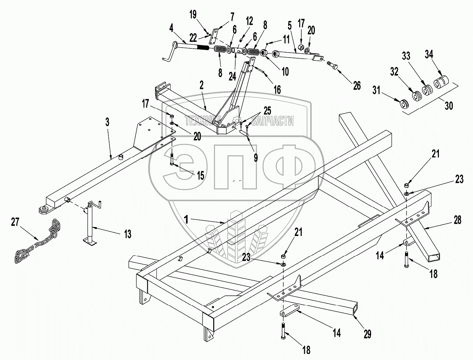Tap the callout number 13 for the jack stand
tap(127, 234)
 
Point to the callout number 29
tap(367, 334)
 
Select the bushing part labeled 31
tap(403, 104)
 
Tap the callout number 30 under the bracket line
tap(449, 105)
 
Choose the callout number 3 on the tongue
tap(108, 122)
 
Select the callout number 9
tap(256, 157)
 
